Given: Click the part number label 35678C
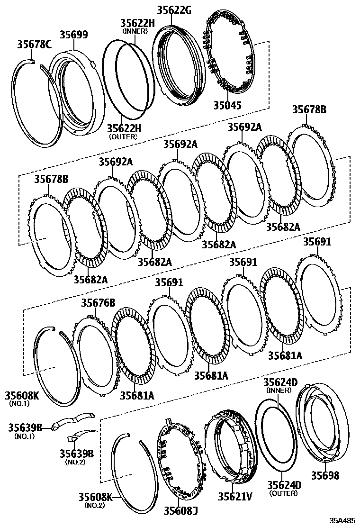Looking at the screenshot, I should pyautogui.click(x=34, y=45).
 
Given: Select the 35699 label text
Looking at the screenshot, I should pyautogui.click(x=73, y=35).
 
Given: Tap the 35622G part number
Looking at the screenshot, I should pyautogui.click(x=172, y=9).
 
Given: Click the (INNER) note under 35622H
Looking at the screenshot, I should pyautogui.click(x=135, y=31).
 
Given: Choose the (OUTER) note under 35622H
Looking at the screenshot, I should pyautogui.click(x=123, y=136).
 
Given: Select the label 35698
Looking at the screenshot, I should pyautogui.click(x=325, y=475).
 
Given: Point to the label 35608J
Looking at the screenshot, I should pyautogui.click(x=180, y=510).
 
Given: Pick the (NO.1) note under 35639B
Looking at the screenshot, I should pyautogui.click(x=25, y=436).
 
